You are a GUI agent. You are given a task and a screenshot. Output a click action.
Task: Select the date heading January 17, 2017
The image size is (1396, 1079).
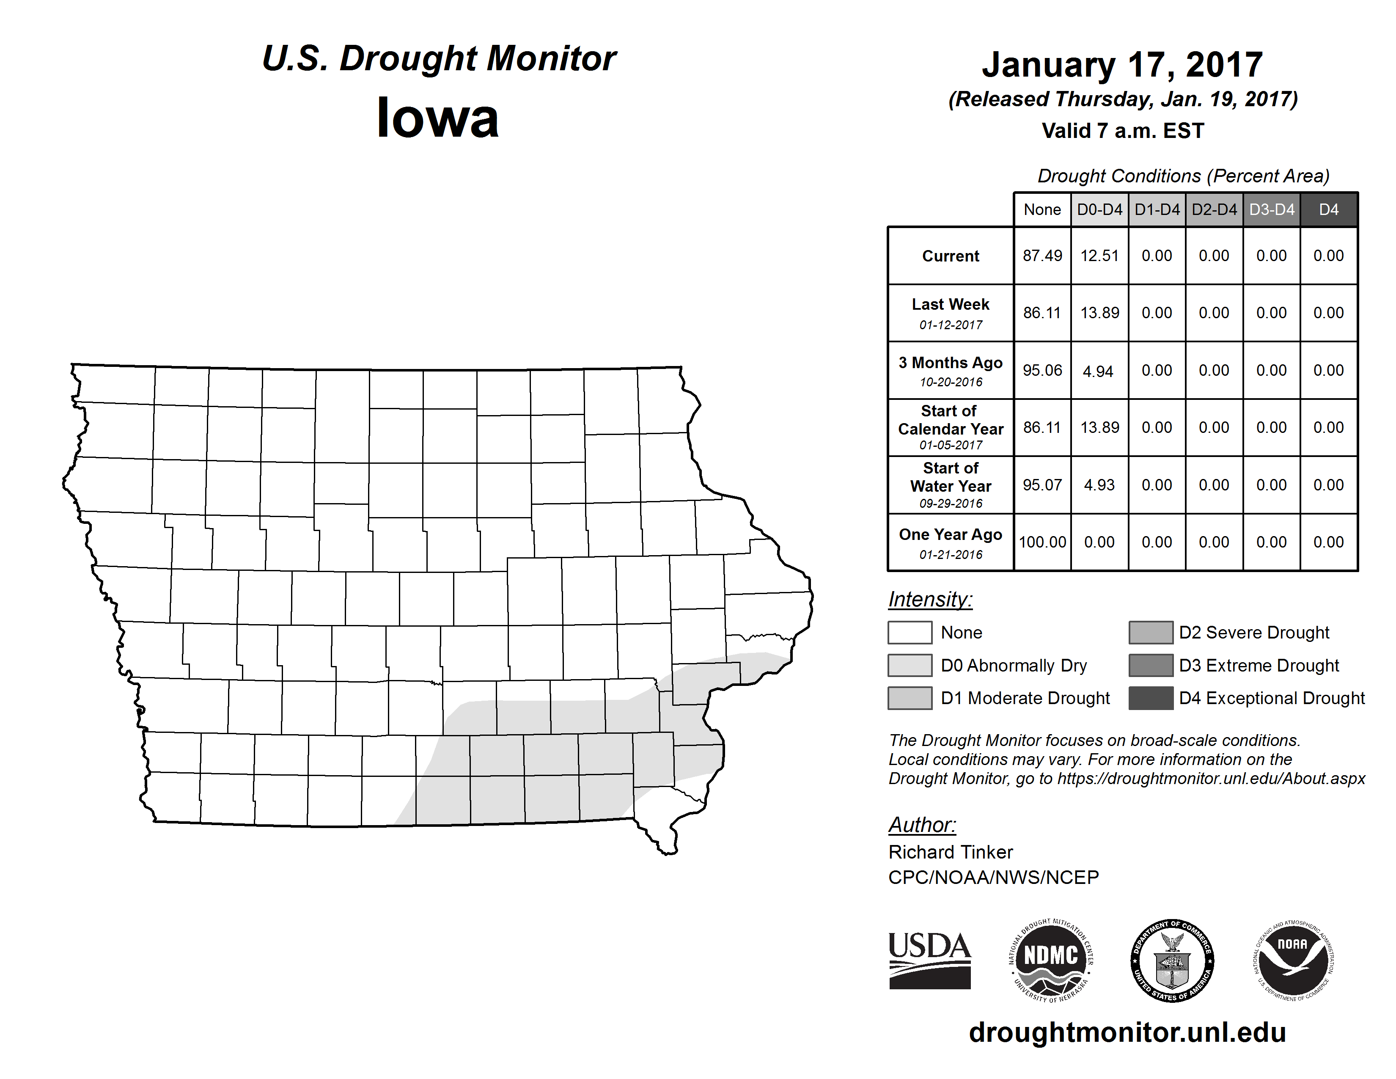(1122, 65)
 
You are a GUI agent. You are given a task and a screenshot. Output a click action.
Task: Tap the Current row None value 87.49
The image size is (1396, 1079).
(1042, 256)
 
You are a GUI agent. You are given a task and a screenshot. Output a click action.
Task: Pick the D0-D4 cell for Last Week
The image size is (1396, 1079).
(1099, 313)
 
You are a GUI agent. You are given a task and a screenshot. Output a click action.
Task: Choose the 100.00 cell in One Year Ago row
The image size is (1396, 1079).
(1042, 542)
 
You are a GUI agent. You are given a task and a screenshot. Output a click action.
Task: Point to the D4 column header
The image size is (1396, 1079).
(1328, 209)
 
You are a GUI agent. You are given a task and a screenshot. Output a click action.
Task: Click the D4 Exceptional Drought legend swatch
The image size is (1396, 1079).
(1151, 698)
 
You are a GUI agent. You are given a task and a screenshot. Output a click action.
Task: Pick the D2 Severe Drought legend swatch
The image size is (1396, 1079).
(1151, 632)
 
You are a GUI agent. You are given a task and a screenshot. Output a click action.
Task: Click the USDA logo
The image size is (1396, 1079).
(929, 960)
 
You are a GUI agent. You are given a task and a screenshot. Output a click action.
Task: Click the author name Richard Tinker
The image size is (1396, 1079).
(951, 852)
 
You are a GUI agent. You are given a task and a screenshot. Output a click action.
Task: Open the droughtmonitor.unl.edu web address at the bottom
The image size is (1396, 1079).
(1127, 1032)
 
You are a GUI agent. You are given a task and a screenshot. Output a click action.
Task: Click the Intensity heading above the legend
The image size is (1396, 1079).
(930, 600)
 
